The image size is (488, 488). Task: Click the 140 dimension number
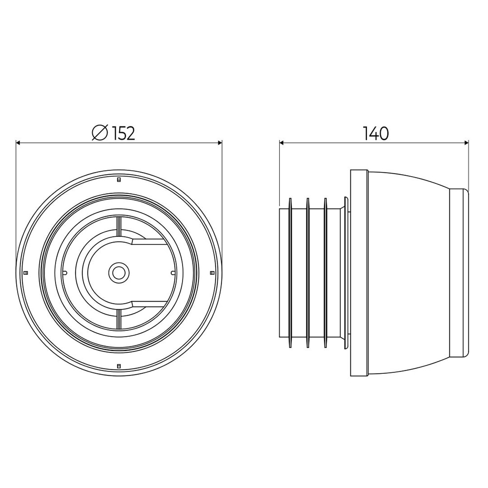click(x=375, y=133)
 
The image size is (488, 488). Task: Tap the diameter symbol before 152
click(x=100, y=133)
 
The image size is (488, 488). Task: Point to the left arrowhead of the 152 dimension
click(x=19, y=143)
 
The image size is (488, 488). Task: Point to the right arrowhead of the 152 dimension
click(x=220, y=143)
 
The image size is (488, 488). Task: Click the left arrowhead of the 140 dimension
click(x=282, y=143)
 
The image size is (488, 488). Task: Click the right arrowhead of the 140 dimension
click(x=466, y=143)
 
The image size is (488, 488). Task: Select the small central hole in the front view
click(x=118, y=272)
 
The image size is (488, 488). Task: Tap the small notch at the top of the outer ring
click(x=119, y=180)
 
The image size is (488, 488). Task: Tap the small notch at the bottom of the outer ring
click(x=119, y=365)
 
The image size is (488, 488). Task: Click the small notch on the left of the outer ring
click(x=26, y=272)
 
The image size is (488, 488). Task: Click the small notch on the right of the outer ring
click(x=211, y=272)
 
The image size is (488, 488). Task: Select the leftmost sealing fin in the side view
click(x=290, y=273)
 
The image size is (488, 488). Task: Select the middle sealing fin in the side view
click(x=307, y=273)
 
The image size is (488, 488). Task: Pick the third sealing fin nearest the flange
click(x=325, y=273)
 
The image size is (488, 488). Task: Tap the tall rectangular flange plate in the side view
click(x=359, y=273)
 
